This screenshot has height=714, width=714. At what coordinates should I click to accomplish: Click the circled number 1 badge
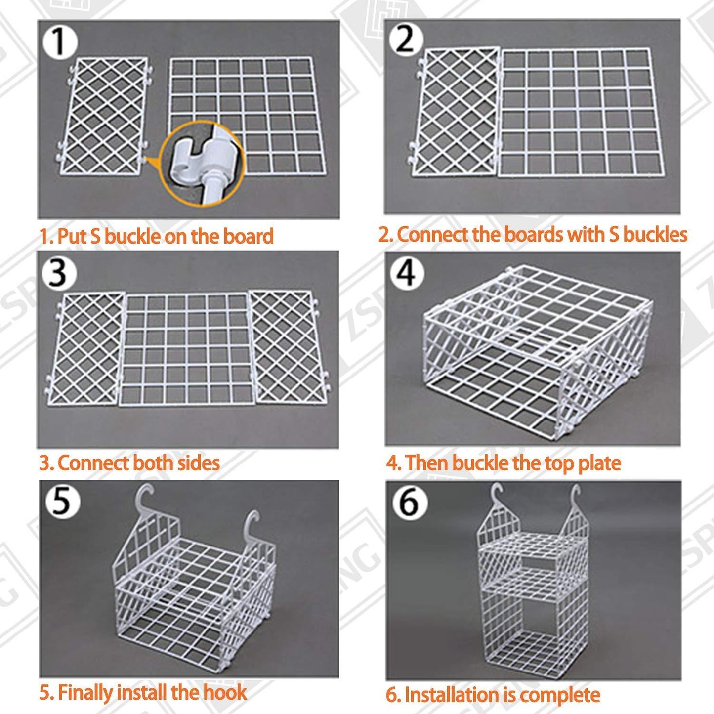[x=59, y=42]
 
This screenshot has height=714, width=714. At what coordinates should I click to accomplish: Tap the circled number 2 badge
[x=405, y=39]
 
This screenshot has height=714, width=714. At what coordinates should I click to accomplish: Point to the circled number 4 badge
[x=406, y=273]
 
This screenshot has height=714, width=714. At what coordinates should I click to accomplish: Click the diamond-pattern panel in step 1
[x=104, y=116]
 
